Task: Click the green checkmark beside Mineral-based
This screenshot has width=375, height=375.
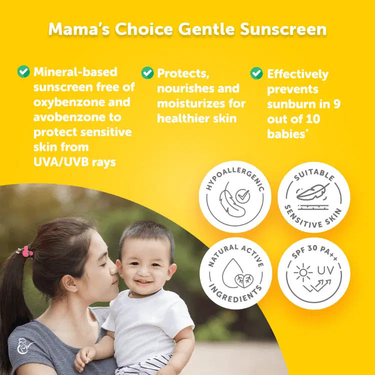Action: coord(23,71)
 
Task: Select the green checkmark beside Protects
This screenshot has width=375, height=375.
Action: coord(147,73)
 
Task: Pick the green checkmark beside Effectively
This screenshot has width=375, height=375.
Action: coord(256,73)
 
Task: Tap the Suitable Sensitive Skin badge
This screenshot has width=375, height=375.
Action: coord(313,196)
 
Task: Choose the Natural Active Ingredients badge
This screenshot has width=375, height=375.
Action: coord(235,273)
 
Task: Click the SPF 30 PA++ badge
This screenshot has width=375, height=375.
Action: coord(313,273)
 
